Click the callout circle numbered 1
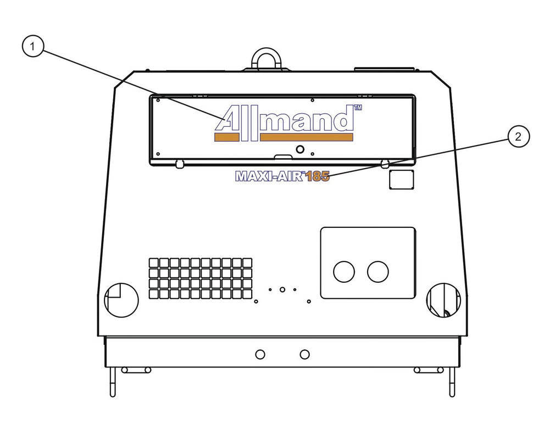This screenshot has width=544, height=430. click(x=33, y=47)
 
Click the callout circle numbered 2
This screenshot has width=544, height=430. click(x=518, y=137)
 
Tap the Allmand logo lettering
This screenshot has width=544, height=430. click(x=284, y=119)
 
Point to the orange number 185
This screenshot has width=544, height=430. click(x=317, y=176)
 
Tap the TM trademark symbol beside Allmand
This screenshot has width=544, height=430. click(x=357, y=108)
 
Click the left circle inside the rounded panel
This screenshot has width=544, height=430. click(x=344, y=271)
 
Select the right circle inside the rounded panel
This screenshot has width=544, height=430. click(x=378, y=271)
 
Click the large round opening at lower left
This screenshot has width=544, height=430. click(x=121, y=300)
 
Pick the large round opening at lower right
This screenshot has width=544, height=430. click(x=444, y=300)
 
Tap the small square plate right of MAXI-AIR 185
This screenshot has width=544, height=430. click(x=402, y=179)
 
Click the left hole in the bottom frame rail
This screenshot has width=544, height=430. click(x=260, y=354)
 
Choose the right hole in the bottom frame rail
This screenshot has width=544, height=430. click(x=304, y=354)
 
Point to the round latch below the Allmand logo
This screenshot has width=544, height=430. click(x=300, y=149)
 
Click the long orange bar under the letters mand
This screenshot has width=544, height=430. click(x=307, y=137)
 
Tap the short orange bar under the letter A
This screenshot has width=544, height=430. click(x=227, y=137)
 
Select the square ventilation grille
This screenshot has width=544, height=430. click(x=201, y=278)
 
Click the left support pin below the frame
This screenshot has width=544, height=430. click(x=113, y=382)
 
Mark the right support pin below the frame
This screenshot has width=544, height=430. click(x=452, y=382)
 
